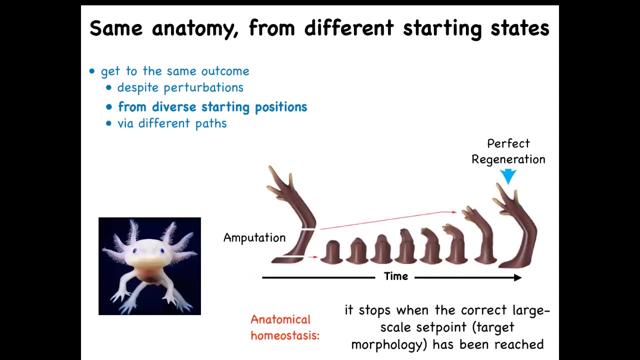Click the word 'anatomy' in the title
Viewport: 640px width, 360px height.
[x=195, y=28]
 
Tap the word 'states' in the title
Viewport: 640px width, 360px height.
[x=520, y=28]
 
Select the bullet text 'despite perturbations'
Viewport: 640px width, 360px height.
[x=180, y=87]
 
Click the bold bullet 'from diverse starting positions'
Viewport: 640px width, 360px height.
[x=212, y=107]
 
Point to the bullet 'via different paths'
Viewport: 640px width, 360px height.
[x=172, y=123]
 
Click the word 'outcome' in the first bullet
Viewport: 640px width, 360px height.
[x=225, y=71]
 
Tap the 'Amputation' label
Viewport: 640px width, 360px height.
[x=254, y=237]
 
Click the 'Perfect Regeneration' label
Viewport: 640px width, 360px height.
[x=508, y=151]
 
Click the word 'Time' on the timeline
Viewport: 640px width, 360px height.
[x=395, y=276]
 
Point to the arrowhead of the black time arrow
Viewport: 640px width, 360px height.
[x=517, y=277]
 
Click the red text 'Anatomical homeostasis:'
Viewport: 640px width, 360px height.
[x=285, y=327]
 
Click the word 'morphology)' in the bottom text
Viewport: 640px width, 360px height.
[x=389, y=344]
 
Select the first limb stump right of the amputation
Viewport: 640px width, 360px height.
[x=331, y=252]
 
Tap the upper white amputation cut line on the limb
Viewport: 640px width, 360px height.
[x=308, y=229]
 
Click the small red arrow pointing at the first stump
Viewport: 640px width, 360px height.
[x=313, y=257]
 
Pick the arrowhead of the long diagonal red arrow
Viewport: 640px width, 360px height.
[x=454, y=212]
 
